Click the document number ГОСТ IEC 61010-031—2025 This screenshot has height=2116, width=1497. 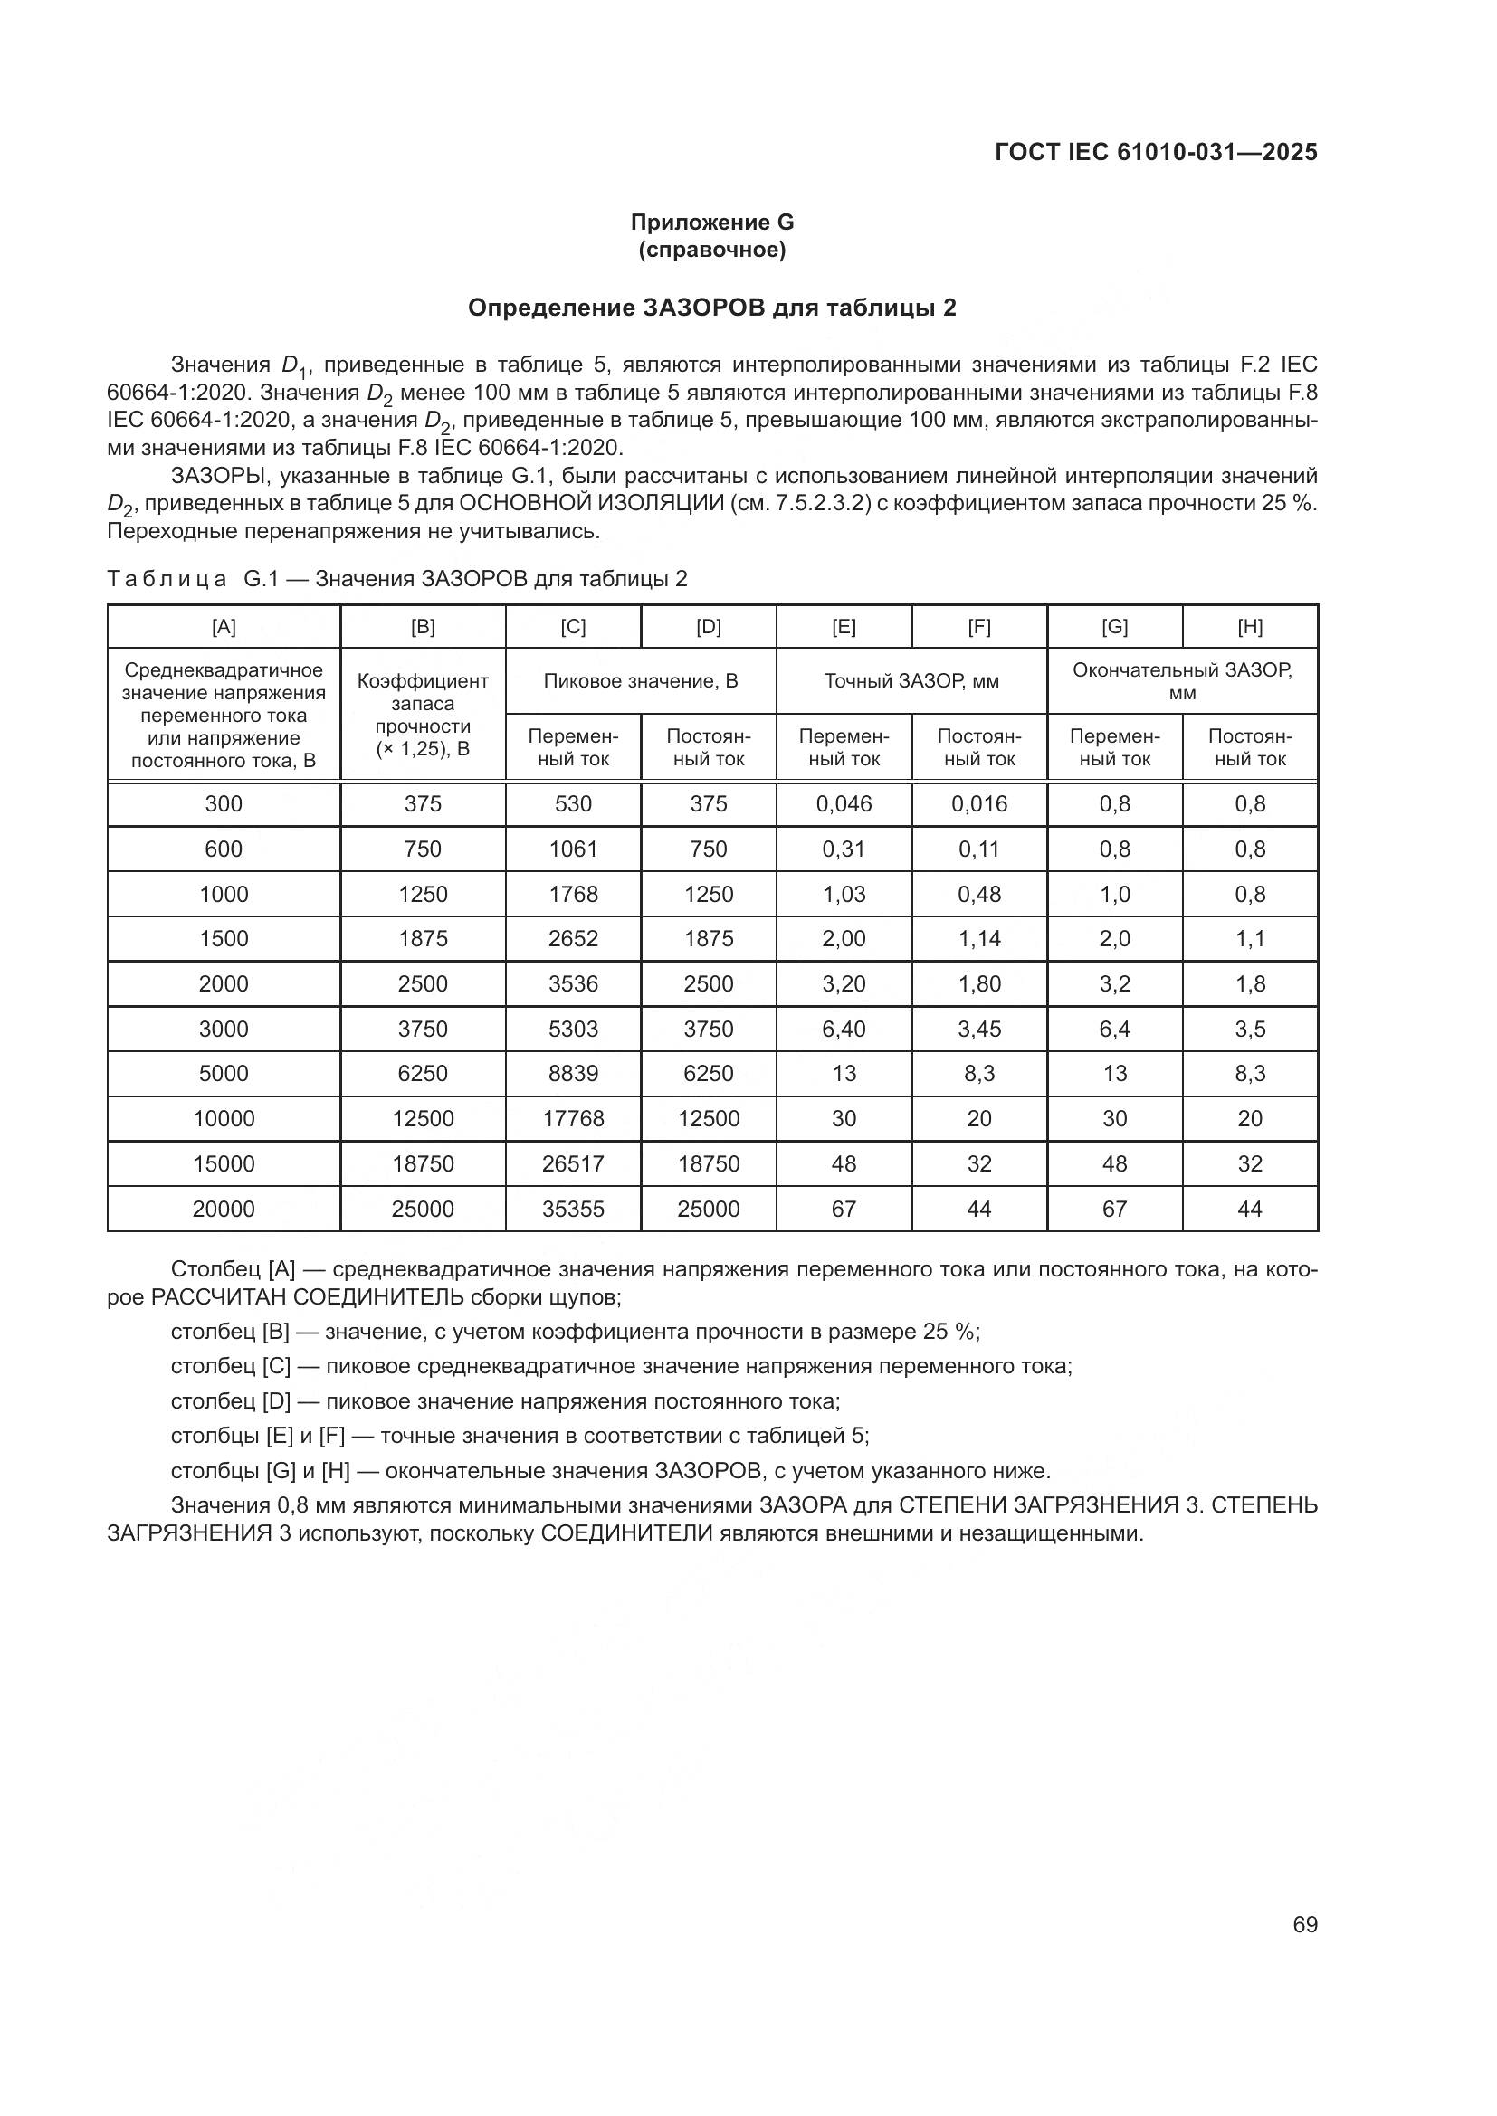(1156, 152)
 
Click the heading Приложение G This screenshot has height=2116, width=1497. (711, 223)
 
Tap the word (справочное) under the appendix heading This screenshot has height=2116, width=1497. (711, 251)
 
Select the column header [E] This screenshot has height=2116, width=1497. (844, 627)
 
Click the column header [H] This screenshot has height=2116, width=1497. (1250, 627)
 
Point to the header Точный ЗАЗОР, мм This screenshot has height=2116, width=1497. (911, 681)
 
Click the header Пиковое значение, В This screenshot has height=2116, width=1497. (641, 681)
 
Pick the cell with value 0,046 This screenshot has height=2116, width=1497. (844, 803)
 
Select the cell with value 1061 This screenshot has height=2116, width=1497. (573, 849)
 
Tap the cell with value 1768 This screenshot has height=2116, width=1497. (573, 894)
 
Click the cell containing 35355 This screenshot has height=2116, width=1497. (573, 1209)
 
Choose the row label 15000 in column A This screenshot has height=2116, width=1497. (224, 1164)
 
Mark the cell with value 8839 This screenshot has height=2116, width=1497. (573, 1074)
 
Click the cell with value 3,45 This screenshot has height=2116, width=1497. (979, 1029)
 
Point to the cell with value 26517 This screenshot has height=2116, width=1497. (573, 1164)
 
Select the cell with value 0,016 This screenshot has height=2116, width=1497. (979, 803)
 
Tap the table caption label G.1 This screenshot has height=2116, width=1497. (261, 579)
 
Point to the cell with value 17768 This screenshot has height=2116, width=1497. (573, 1119)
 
